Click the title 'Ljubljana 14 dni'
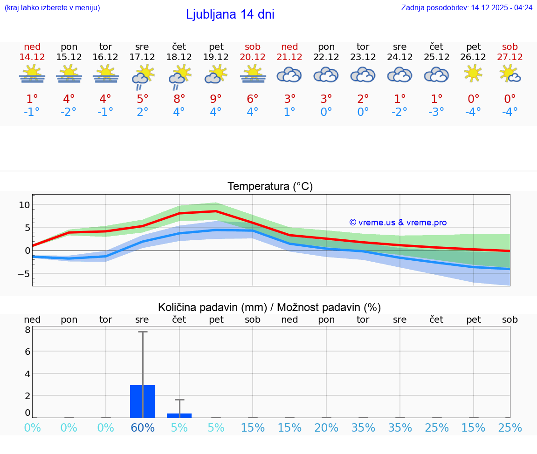230,14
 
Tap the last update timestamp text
467,7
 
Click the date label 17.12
142,57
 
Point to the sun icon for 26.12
473,74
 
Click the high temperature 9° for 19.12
216,99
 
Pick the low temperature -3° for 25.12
436,112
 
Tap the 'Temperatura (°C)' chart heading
270,187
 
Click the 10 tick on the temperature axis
24,205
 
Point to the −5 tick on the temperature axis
23,273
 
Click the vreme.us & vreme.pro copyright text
398,223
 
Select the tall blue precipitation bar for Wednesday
142,401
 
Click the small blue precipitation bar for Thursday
179,415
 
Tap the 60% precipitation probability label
142,427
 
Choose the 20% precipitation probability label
326,427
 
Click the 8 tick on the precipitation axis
28,330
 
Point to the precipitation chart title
269,307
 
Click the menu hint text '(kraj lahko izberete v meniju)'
52,7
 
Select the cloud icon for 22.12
326,75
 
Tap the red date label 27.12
510,57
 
